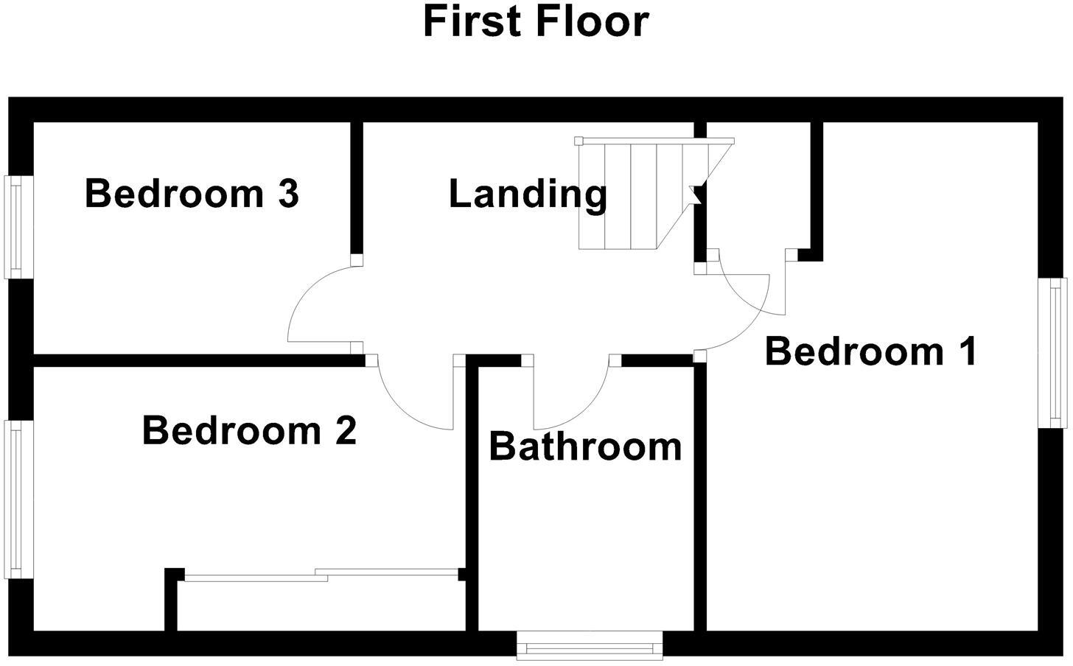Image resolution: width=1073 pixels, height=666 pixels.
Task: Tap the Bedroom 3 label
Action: [x=192, y=194]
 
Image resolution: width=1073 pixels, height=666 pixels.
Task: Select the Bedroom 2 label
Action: [x=249, y=430]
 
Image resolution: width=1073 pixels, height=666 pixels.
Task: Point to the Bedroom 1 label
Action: [x=871, y=351]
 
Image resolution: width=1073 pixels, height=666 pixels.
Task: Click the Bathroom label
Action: [x=585, y=446]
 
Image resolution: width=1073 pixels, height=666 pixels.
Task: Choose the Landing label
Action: [x=528, y=194]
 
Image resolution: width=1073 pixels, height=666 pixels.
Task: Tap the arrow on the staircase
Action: [x=694, y=194]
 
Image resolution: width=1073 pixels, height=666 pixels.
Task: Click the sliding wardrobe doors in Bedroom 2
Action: [x=321, y=575]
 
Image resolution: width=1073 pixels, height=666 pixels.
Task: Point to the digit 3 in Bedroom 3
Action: [x=288, y=194]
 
